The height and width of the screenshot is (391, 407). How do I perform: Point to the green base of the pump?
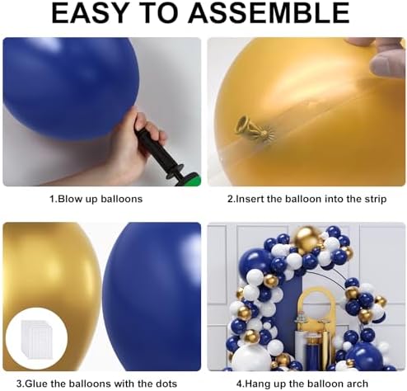(193, 179)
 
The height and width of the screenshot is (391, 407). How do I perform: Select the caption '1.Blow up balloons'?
(96, 199)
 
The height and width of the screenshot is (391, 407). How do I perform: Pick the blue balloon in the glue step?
(152, 296)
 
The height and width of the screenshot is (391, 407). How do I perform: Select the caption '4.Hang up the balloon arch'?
(302, 384)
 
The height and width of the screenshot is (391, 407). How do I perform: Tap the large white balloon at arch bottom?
(249, 357)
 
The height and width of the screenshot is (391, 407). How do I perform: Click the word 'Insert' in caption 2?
(250, 199)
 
